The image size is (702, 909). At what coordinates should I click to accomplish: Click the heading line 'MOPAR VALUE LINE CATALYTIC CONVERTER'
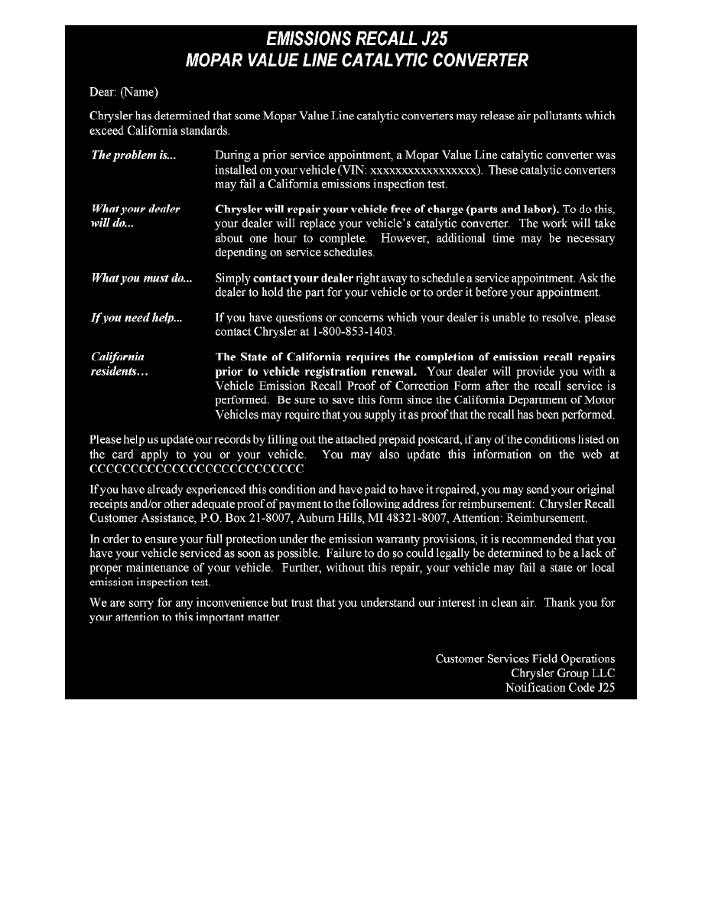tap(356, 60)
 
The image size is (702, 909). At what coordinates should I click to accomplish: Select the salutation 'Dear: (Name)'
tap(124, 92)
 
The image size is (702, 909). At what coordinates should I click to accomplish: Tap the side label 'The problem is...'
tap(134, 155)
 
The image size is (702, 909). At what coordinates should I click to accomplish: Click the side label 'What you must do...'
tap(141, 279)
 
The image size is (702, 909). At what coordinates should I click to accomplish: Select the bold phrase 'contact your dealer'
tap(303, 279)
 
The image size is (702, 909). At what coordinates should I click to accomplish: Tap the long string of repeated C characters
tap(197, 469)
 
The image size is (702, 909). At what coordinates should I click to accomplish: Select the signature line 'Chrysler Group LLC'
tap(563, 673)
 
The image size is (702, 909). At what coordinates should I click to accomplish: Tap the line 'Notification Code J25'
tap(560, 688)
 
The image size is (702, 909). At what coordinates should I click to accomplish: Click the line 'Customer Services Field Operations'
tap(525, 658)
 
